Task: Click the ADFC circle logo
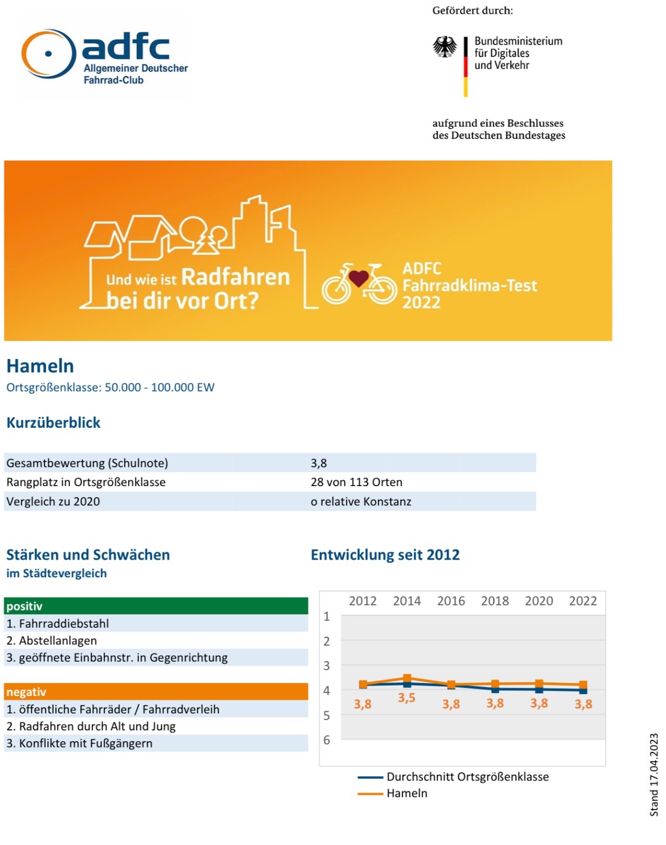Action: tap(48, 54)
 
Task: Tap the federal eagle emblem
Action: tap(445, 47)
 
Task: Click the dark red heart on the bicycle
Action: tap(359, 278)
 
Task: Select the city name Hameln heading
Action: tap(40, 366)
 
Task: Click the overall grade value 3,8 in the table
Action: tap(319, 463)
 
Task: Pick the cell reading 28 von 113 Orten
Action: tap(356, 482)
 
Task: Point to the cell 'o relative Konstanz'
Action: tap(361, 501)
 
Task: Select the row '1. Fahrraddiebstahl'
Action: tap(57, 623)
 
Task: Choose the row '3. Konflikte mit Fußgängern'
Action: tap(79, 743)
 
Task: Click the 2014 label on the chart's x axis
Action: tap(406, 601)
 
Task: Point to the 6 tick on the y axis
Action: tap(327, 740)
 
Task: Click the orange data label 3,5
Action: tap(406, 698)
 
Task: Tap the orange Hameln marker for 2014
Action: tap(407, 678)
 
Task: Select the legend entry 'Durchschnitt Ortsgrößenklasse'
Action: tap(467, 777)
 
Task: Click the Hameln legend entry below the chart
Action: tap(406, 793)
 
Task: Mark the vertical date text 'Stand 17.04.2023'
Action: tap(654, 774)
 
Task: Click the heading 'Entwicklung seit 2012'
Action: tap(385, 554)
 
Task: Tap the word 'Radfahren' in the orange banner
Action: tap(235, 277)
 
